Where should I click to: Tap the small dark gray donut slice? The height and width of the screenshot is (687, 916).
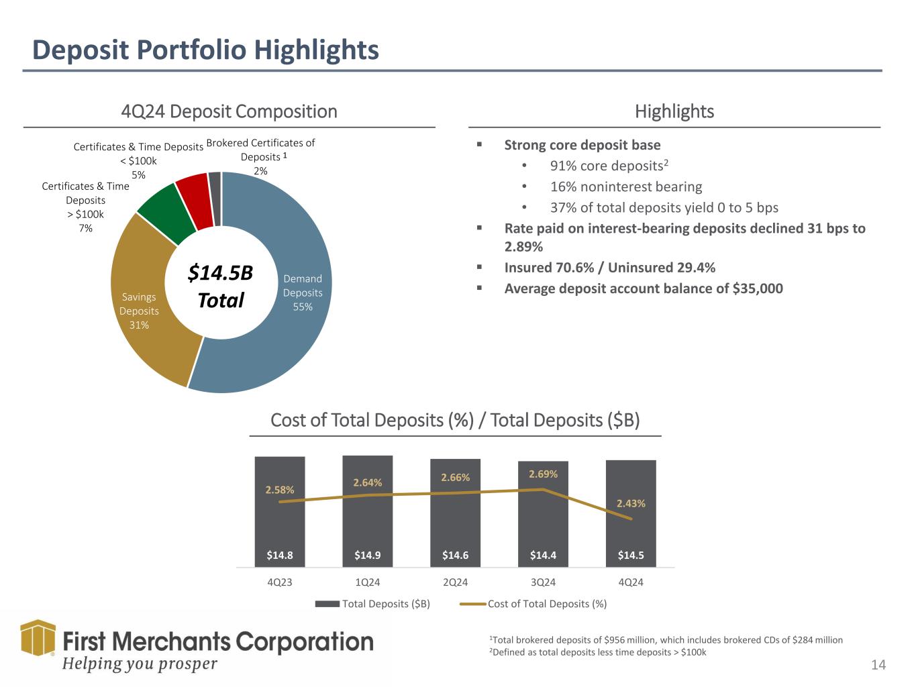coord(215,199)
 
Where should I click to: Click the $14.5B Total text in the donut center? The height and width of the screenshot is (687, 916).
coord(220,286)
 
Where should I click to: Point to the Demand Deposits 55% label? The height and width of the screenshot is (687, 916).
coord(303,293)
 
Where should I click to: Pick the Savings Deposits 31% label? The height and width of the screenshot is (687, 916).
coord(139,311)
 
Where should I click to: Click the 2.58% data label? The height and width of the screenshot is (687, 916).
coord(280,490)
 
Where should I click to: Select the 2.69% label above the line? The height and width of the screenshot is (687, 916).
coord(543,474)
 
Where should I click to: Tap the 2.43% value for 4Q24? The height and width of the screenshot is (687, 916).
coord(631,503)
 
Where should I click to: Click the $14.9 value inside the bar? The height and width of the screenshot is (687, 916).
coord(367,556)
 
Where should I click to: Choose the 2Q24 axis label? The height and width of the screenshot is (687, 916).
coord(455,582)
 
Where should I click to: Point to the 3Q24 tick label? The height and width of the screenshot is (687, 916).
coord(543,582)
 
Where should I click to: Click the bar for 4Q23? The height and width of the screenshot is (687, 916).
coord(280,512)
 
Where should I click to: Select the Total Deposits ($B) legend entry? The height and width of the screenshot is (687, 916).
coord(372,604)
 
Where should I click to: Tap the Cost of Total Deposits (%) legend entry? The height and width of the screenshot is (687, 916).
coord(533,604)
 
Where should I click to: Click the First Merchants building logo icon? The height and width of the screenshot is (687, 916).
coord(38,637)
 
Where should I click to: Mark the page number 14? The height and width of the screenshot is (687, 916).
coord(878,665)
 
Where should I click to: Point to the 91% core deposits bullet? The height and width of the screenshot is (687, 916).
coord(609,166)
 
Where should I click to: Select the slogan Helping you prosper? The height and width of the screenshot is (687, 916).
coord(140,664)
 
